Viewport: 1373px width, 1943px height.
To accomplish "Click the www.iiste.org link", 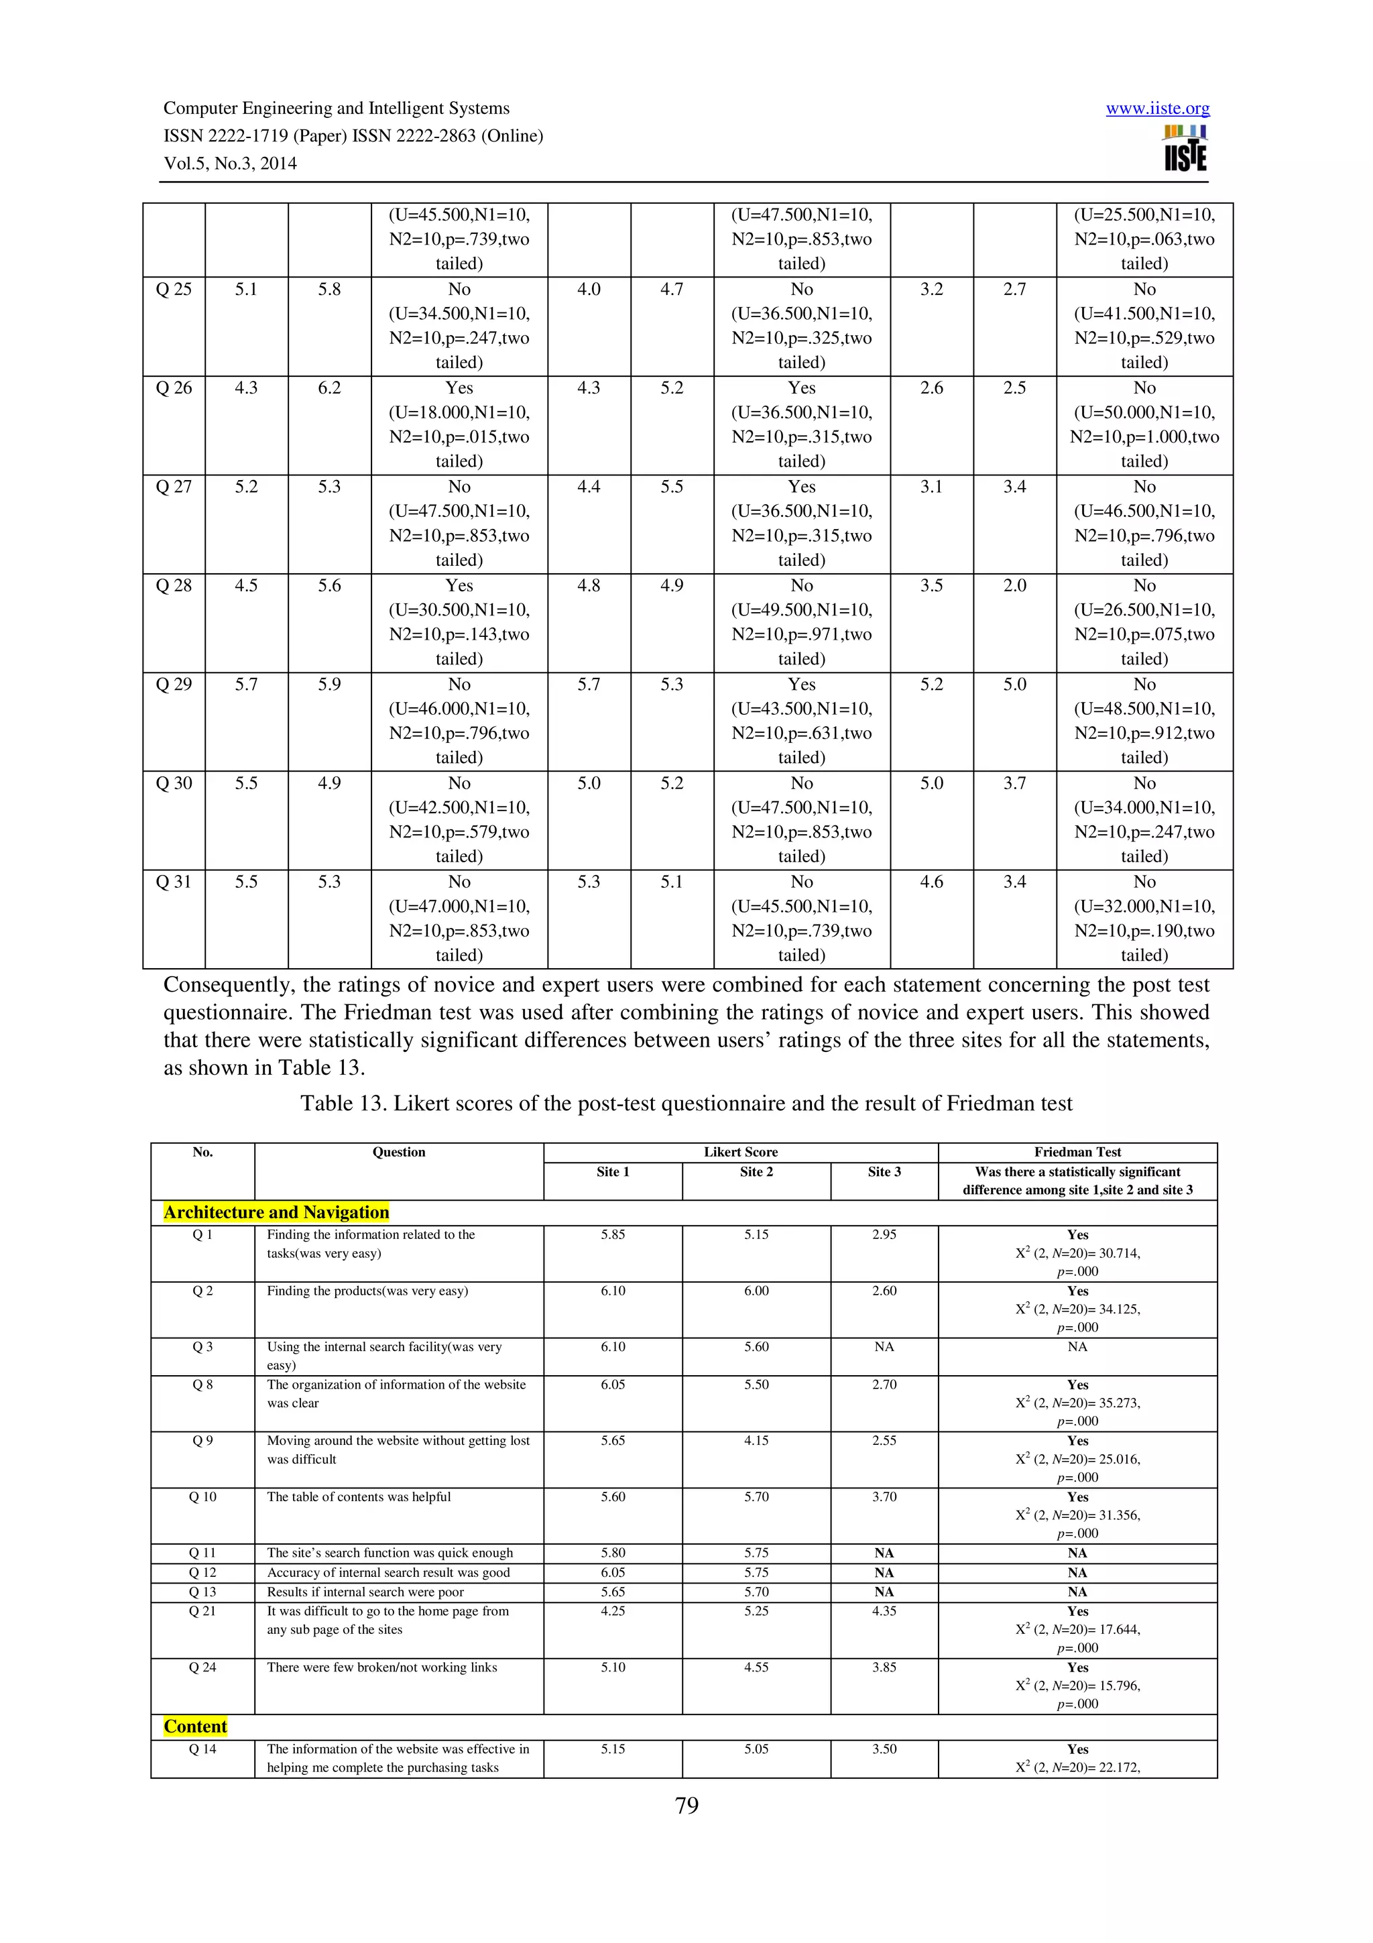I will coord(1156,109).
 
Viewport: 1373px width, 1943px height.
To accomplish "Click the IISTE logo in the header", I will coord(1185,149).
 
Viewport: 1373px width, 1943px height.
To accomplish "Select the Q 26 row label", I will coord(174,388).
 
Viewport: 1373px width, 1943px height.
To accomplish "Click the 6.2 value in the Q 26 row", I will coord(329,388).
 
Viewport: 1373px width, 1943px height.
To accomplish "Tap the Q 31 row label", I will coord(174,882).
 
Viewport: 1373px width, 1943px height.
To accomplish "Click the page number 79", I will coord(686,1805).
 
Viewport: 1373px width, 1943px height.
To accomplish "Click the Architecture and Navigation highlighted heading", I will coord(276,1212).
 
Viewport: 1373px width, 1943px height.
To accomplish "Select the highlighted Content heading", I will coord(195,1726).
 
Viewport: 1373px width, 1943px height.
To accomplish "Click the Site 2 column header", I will coord(756,1171).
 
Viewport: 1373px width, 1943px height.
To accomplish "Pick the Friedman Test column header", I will coord(1077,1152).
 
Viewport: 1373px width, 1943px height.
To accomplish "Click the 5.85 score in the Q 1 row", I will coord(613,1235).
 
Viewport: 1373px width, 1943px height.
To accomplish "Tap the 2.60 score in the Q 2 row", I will coord(884,1291).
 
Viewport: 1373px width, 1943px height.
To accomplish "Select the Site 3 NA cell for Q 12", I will coord(884,1572).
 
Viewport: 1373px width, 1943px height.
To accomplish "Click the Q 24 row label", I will coord(202,1667).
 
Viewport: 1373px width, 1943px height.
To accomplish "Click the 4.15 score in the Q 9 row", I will coord(756,1440).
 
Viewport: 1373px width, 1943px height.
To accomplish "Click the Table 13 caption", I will coord(686,1104).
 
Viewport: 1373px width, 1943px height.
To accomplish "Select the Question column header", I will coord(398,1152).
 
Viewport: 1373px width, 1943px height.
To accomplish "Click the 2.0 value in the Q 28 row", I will coord(1014,585).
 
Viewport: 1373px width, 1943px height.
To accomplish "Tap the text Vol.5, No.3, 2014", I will coord(230,164).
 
